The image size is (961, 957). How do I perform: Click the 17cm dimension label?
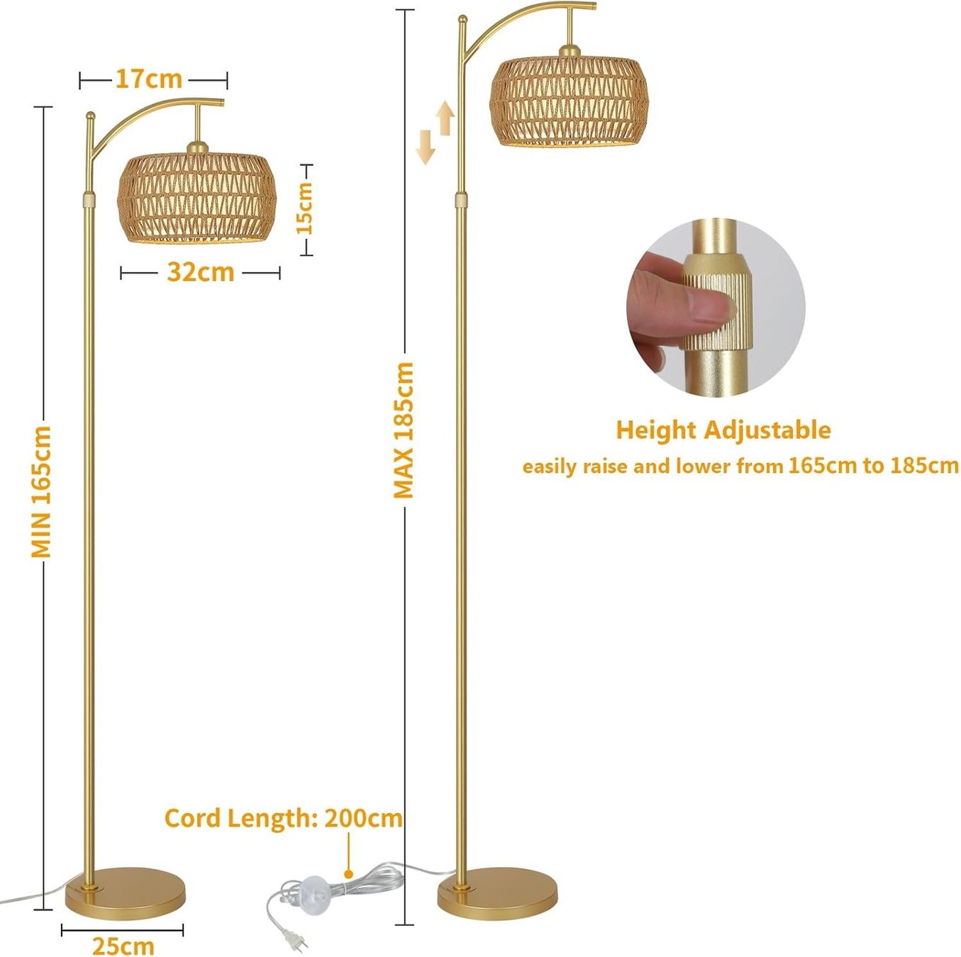[x=149, y=80]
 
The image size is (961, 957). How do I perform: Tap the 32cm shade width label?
[x=201, y=272]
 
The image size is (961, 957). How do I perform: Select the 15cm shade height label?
[x=304, y=208]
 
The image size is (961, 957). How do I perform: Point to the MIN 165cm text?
[x=41, y=492]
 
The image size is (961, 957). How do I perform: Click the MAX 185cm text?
[x=404, y=430]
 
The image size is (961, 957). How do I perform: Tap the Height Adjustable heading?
[x=723, y=430]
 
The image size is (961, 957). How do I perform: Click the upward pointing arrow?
[x=445, y=118]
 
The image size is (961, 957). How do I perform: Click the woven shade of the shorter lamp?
[x=197, y=199]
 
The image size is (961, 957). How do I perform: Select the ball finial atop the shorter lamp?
[x=90, y=116]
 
